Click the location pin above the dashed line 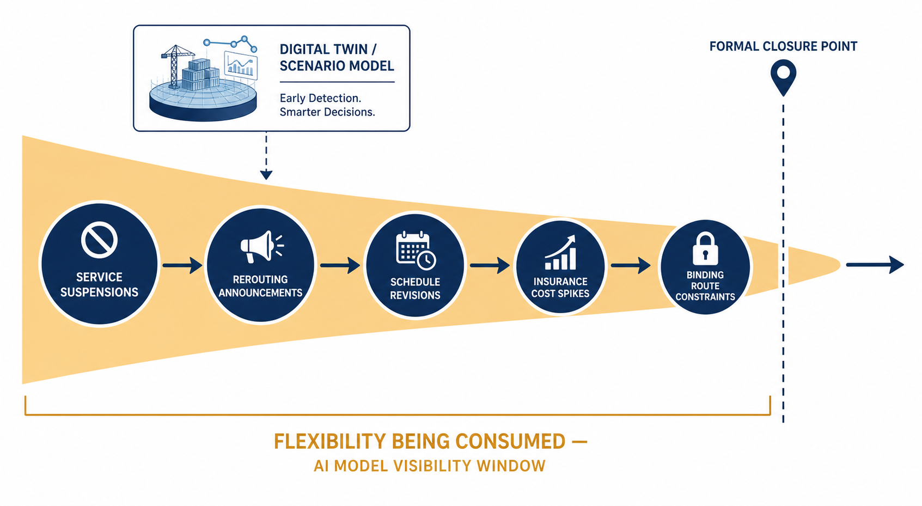(783, 77)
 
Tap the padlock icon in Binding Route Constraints (705, 248)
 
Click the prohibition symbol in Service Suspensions (99, 240)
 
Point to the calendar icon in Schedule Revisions (416, 251)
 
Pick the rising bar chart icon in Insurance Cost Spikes (560, 252)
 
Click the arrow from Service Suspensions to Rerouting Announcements (182, 265)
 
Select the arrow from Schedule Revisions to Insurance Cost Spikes (490, 265)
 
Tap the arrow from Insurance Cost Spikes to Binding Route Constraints (631, 265)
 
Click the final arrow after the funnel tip (875, 265)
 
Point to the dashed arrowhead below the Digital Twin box (266, 175)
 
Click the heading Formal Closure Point (783, 46)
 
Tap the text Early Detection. (320, 99)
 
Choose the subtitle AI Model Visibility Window (429, 466)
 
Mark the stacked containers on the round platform (200, 75)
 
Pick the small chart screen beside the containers (241, 65)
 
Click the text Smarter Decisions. (327, 112)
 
